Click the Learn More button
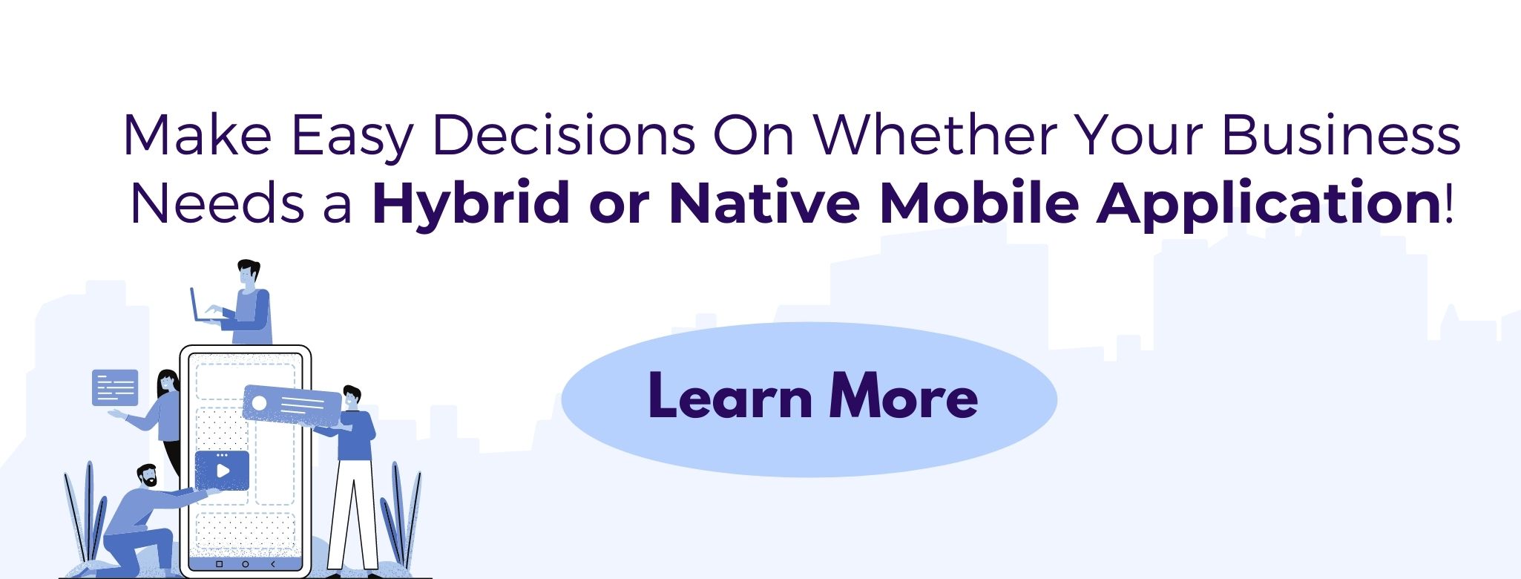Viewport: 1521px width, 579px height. click(809, 399)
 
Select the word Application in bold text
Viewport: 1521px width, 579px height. click(1269, 204)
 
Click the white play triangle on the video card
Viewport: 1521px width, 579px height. click(222, 471)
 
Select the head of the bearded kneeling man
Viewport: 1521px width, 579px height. click(146, 476)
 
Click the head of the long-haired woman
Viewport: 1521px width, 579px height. click(168, 383)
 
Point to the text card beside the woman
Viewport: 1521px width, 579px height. click(115, 387)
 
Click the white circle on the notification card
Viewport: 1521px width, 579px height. click(259, 402)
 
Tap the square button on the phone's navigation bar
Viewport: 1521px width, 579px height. click(219, 565)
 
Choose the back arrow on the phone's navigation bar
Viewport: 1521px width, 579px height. click(272, 565)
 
